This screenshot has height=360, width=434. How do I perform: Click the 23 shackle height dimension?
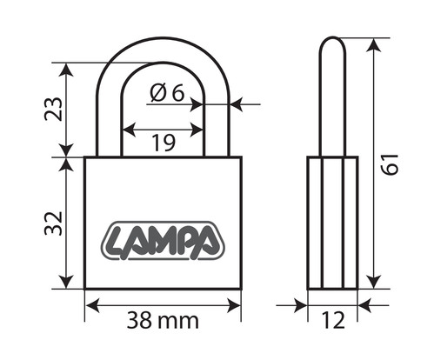tap(53, 109)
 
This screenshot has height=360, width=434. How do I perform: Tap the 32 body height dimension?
tap(53, 223)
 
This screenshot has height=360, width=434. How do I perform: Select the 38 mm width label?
tap(163, 320)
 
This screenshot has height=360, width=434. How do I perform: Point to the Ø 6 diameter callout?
tap(167, 93)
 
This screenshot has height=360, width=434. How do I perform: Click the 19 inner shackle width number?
tap(164, 143)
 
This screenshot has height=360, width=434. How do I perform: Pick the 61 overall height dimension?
tap(390, 164)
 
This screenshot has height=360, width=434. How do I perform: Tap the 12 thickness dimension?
tap(333, 320)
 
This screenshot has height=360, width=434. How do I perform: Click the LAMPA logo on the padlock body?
tap(163, 240)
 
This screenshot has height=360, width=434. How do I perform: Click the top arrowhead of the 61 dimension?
tap(374, 45)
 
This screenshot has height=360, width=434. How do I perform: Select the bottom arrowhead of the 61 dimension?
tap(374, 282)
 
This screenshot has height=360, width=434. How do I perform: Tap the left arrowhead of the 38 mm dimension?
tap(93, 305)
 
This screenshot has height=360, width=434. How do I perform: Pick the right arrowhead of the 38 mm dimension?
tap(234, 305)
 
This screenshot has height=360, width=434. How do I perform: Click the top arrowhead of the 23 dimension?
tap(66, 70)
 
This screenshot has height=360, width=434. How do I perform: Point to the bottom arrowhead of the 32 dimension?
tap(66, 282)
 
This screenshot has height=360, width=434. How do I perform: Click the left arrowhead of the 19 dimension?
tap(129, 130)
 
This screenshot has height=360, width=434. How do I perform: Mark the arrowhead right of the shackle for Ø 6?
tap(237, 103)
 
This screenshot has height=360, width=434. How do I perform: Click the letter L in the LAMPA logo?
tap(117, 241)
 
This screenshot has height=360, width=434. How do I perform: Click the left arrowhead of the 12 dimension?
tap(300, 305)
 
